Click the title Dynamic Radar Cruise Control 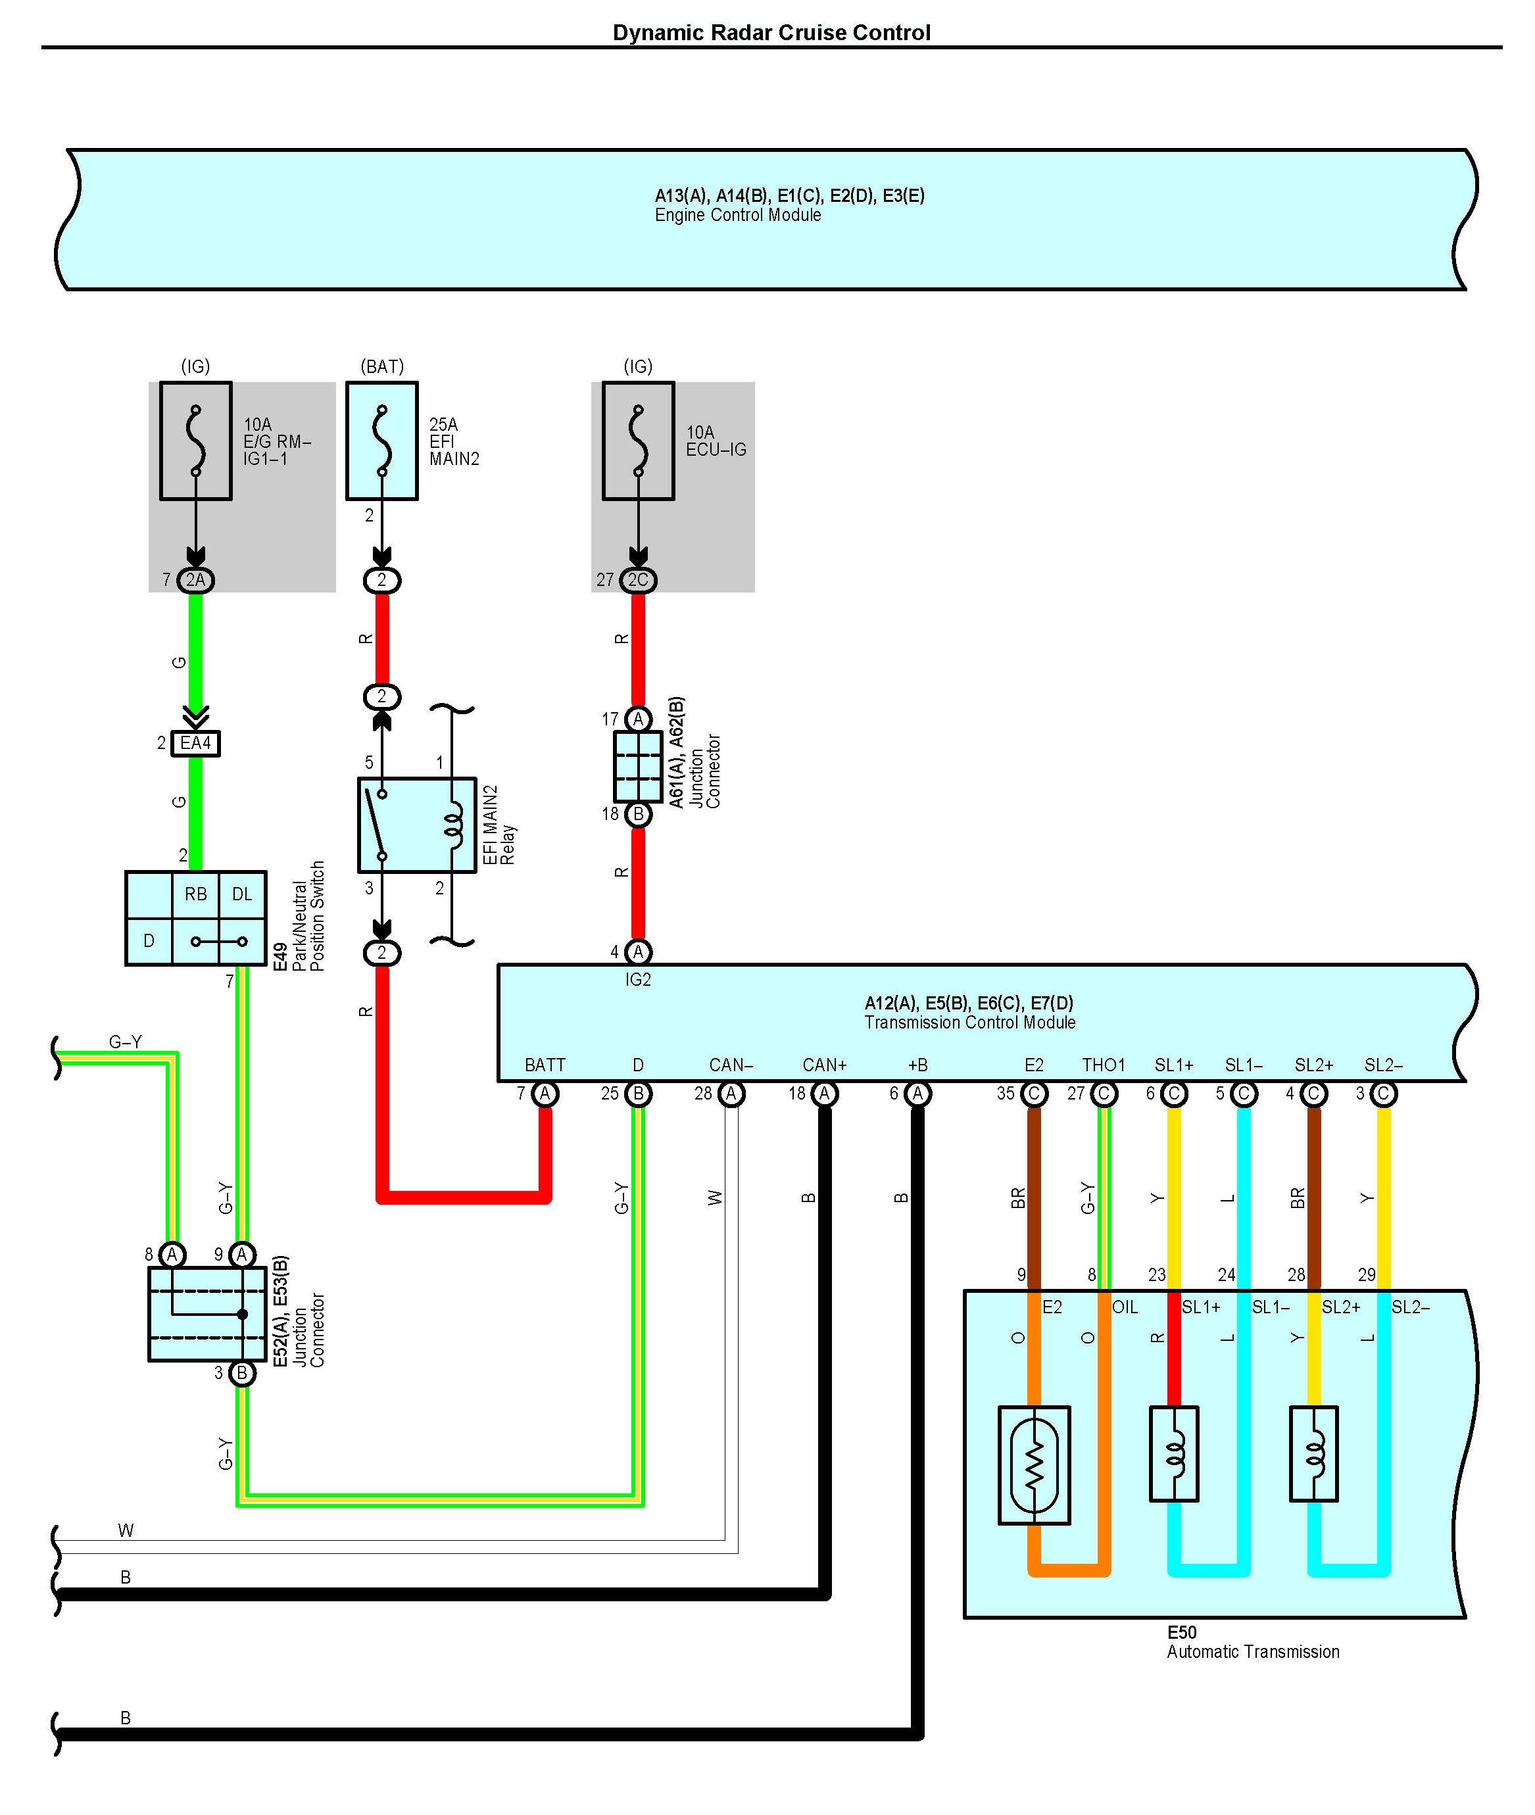click(x=771, y=33)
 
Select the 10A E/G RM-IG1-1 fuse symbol click(x=196, y=441)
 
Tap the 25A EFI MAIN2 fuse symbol click(x=382, y=441)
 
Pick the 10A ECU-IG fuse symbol click(x=638, y=441)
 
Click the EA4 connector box click(x=196, y=743)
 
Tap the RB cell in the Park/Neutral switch click(x=196, y=894)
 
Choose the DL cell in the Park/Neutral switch click(x=242, y=894)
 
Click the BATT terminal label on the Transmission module click(x=545, y=1065)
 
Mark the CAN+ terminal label click(x=824, y=1065)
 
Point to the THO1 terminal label click(x=1104, y=1065)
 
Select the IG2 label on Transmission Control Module click(x=638, y=980)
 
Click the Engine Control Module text click(x=738, y=215)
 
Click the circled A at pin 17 click(x=638, y=719)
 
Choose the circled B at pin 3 click(x=242, y=1373)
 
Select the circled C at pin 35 click(x=1034, y=1094)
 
